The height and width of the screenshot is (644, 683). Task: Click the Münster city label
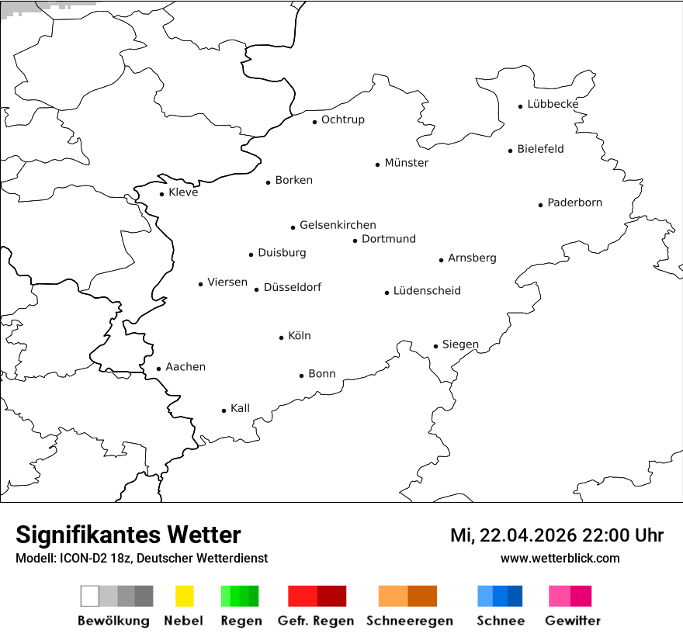pyautogui.click(x=406, y=163)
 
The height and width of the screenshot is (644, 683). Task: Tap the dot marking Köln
pyautogui.click(x=281, y=338)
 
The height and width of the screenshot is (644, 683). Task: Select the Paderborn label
pyautogui.click(x=574, y=203)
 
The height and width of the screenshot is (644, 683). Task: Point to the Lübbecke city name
pyautogui.click(x=553, y=104)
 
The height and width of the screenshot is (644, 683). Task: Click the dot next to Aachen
pyautogui.click(x=158, y=369)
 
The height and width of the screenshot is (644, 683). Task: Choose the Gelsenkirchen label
pyautogui.click(x=338, y=225)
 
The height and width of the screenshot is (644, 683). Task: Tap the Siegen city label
pyautogui.click(x=460, y=345)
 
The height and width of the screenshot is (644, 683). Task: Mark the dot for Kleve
pyautogui.click(x=161, y=194)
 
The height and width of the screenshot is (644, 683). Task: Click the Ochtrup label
pyautogui.click(x=342, y=119)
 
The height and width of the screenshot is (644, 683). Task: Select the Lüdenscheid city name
pyautogui.click(x=427, y=291)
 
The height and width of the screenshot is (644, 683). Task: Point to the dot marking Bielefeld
pyautogui.click(x=511, y=151)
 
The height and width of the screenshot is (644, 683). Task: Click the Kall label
pyautogui.click(x=240, y=408)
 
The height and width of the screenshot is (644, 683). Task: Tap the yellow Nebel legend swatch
pyautogui.click(x=184, y=596)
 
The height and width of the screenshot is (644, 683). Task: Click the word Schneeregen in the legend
pyautogui.click(x=409, y=621)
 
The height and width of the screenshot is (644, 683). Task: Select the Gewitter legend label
pyautogui.click(x=572, y=621)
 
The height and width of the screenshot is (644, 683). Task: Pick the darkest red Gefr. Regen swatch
pyautogui.click(x=332, y=596)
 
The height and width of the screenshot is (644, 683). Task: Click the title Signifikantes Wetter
pyautogui.click(x=128, y=535)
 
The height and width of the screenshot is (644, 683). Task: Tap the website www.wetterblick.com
pyautogui.click(x=560, y=558)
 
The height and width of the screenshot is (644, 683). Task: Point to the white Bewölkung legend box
pyautogui.click(x=89, y=596)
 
